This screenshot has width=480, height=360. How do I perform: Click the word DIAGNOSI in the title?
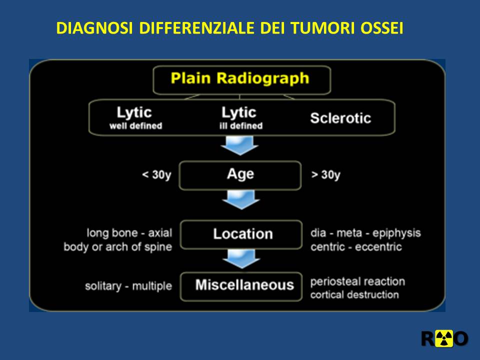pyautogui.click(x=94, y=28)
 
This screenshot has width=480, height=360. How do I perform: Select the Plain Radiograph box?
pyautogui.click(x=242, y=80)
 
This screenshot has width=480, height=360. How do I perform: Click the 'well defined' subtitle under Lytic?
pyautogui.click(x=135, y=126)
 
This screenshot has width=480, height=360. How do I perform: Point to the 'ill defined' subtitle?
pyautogui.click(x=241, y=126)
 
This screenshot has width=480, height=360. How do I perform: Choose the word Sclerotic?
pyautogui.click(x=340, y=118)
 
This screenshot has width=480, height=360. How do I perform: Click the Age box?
pyautogui.click(x=240, y=175)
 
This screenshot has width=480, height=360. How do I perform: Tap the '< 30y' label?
pyautogui.click(x=156, y=175)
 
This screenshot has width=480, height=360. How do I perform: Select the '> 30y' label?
pyautogui.click(x=325, y=175)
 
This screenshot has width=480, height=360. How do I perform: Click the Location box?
pyautogui.click(x=241, y=234)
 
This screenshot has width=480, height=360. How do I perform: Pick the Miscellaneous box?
pyautogui.click(x=241, y=286)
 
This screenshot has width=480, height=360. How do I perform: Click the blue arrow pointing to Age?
pyautogui.click(x=239, y=145)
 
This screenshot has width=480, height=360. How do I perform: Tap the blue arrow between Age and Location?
pyautogui.click(x=241, y=199)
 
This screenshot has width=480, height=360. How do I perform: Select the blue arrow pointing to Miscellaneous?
pyautogui.click(x=241, y=258)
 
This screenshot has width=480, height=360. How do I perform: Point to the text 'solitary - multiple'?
pyautogui.click(x=128, y=286)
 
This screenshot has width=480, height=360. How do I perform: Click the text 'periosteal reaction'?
pyautogui.click(x=357, y=281)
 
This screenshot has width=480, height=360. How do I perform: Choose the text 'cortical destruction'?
pyautogui.click(x=354, y=294)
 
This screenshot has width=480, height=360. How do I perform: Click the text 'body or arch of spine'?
pyautogui.click(x=118, y=246)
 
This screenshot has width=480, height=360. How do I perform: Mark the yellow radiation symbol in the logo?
pyautogui.click(x=444, y=338)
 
